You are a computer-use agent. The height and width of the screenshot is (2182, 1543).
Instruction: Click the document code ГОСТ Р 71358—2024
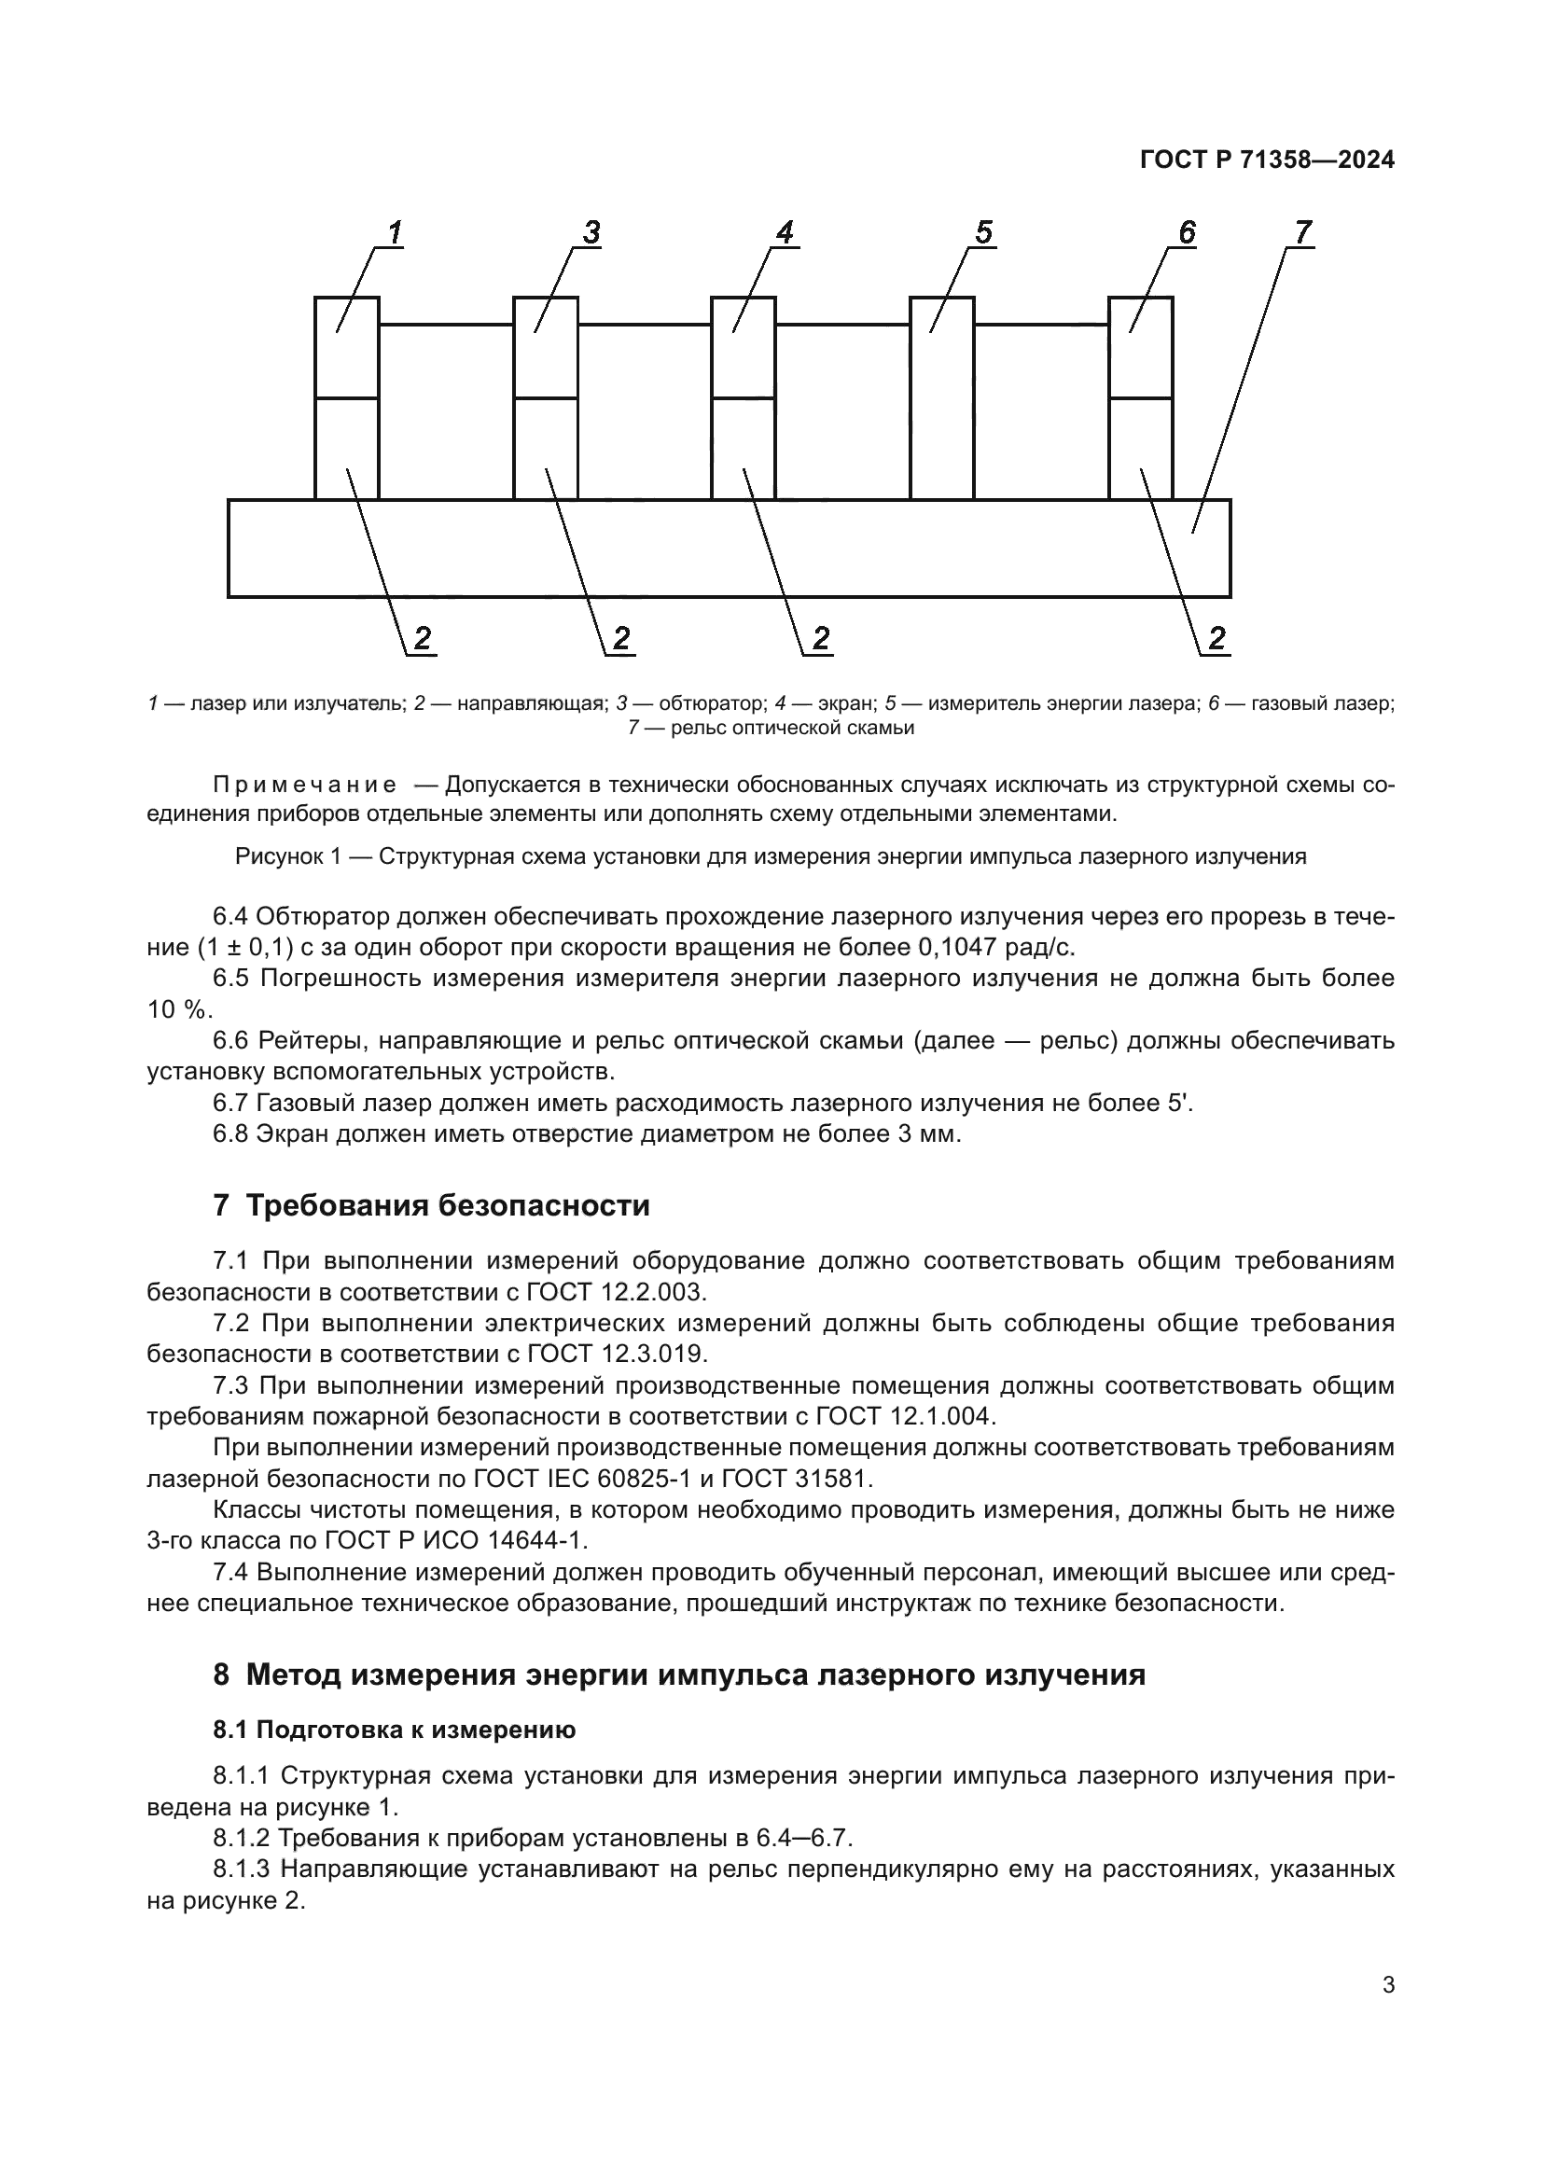point(1267,160)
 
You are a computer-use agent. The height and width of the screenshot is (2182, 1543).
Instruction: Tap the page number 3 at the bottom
point(1388,1985)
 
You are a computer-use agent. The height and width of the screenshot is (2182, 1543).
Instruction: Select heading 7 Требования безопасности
point(431,1206)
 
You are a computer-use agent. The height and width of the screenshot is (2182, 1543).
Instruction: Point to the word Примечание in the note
point(304,785)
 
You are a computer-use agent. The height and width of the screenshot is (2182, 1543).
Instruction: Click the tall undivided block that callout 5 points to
point(941,399)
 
